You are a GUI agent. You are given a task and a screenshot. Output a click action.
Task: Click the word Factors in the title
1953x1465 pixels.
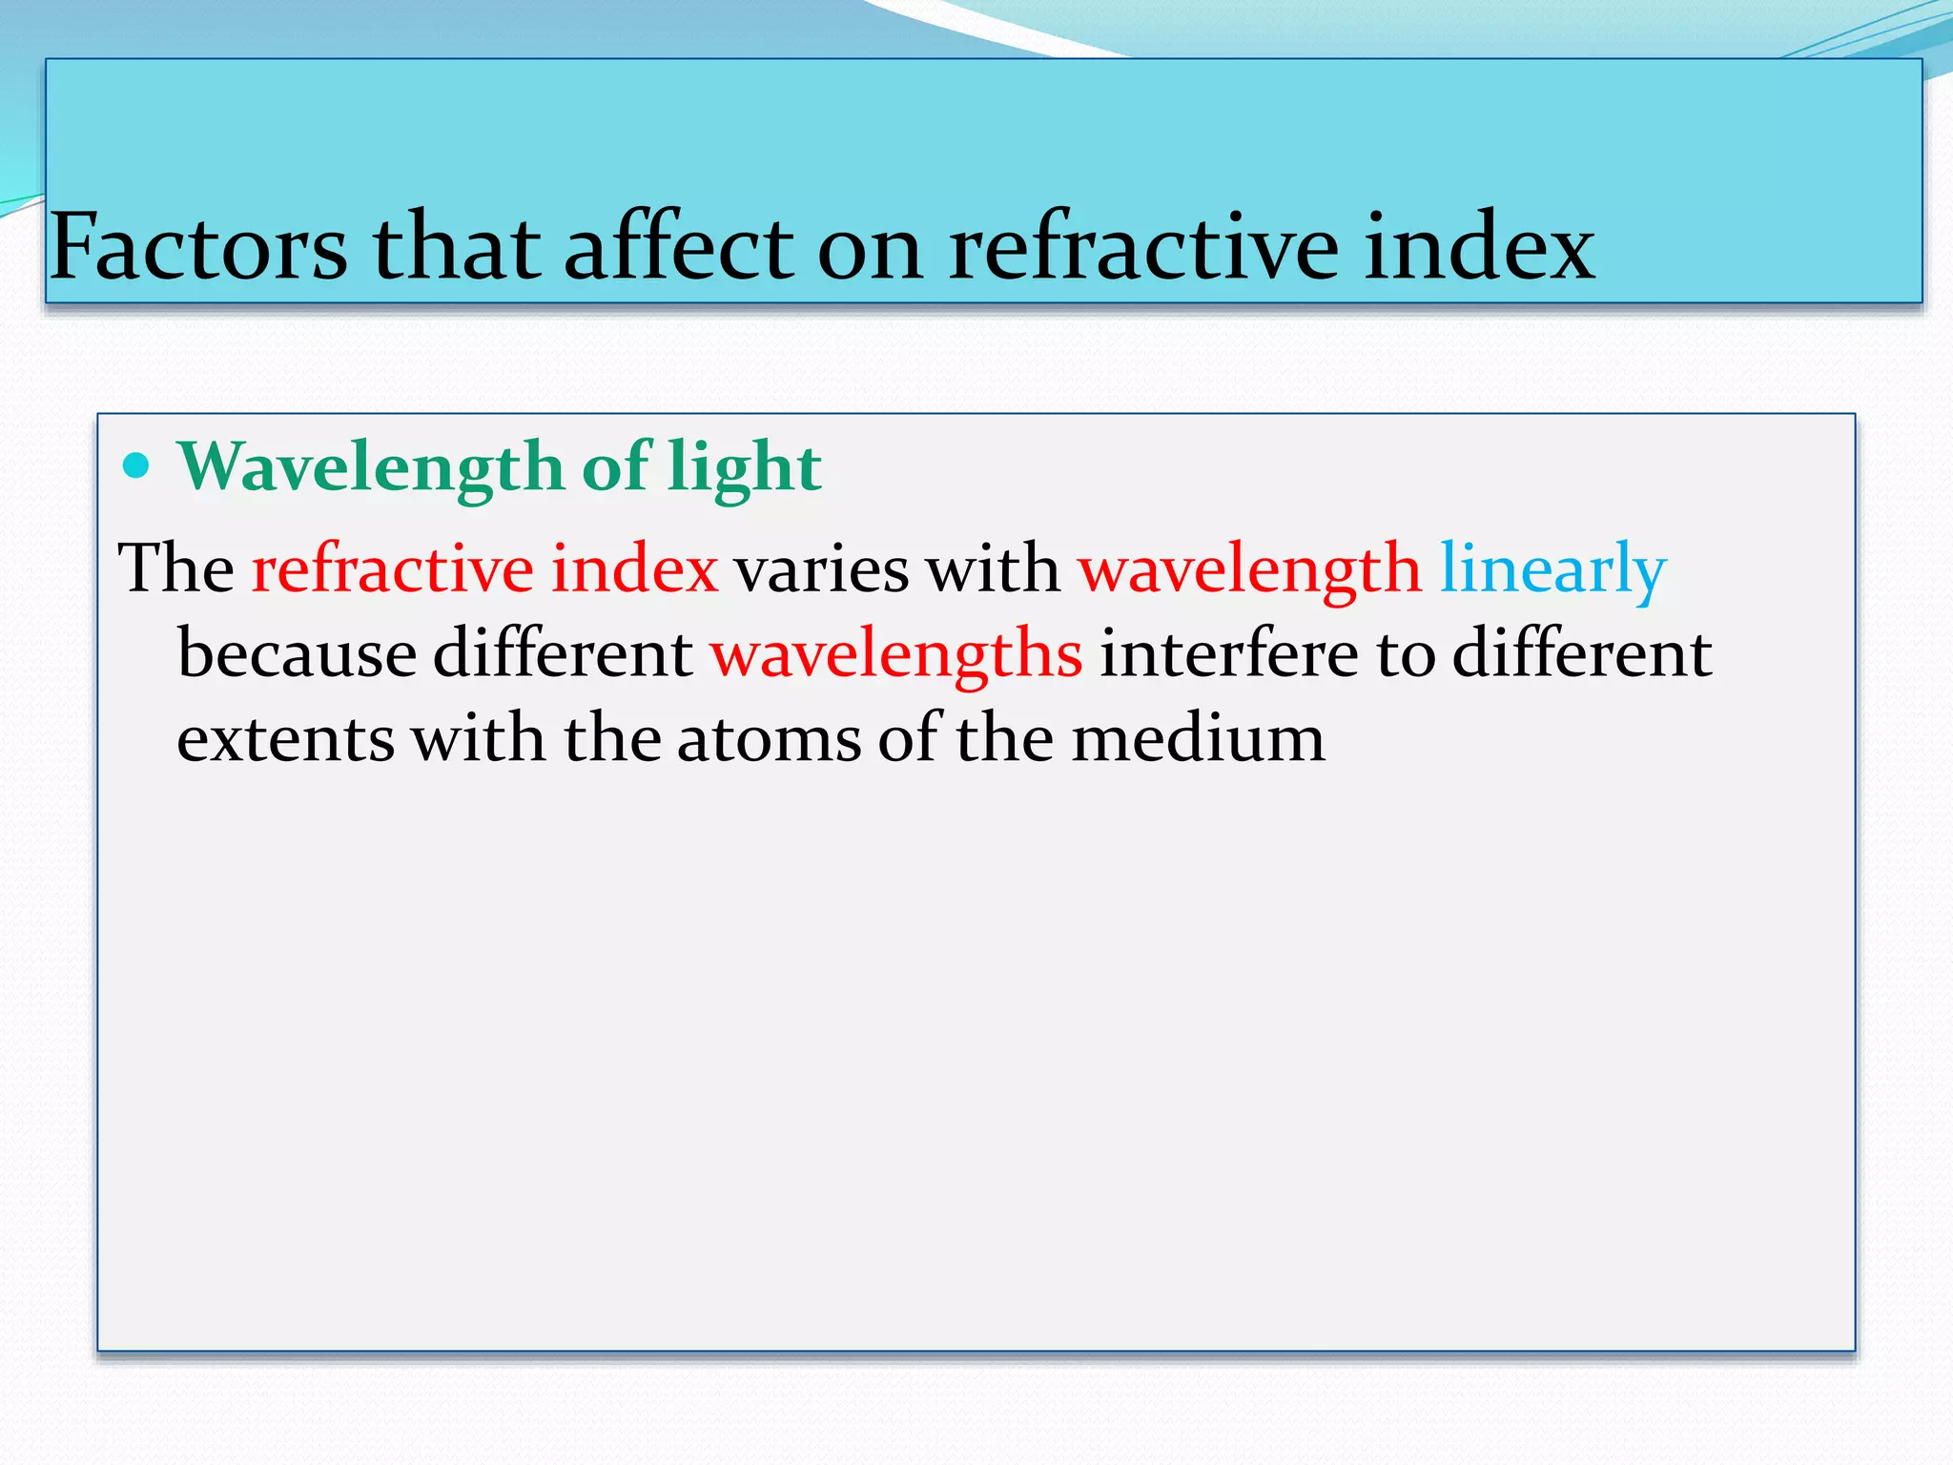198,248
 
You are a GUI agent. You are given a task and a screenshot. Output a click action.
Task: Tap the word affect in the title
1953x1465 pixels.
678,248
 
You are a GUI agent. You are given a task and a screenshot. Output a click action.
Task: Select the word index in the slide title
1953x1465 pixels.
1479,248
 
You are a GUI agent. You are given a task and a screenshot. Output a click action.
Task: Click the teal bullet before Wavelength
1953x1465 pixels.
137,466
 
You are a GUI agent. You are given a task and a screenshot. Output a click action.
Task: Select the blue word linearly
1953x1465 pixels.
1552,570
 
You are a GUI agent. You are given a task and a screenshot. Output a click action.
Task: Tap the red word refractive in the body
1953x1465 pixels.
392,570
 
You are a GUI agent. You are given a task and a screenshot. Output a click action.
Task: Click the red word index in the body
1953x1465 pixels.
634,570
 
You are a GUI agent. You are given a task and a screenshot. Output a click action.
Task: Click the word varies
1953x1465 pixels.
821,570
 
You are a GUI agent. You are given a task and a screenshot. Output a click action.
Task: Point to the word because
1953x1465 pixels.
297,655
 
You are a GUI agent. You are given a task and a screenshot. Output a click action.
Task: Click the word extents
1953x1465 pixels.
285,740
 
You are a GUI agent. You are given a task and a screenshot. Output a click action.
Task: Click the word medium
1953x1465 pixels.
1198,740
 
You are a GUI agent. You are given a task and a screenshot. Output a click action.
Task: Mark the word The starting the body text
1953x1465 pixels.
175,570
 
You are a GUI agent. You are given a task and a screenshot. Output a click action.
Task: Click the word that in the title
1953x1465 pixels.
456,248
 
